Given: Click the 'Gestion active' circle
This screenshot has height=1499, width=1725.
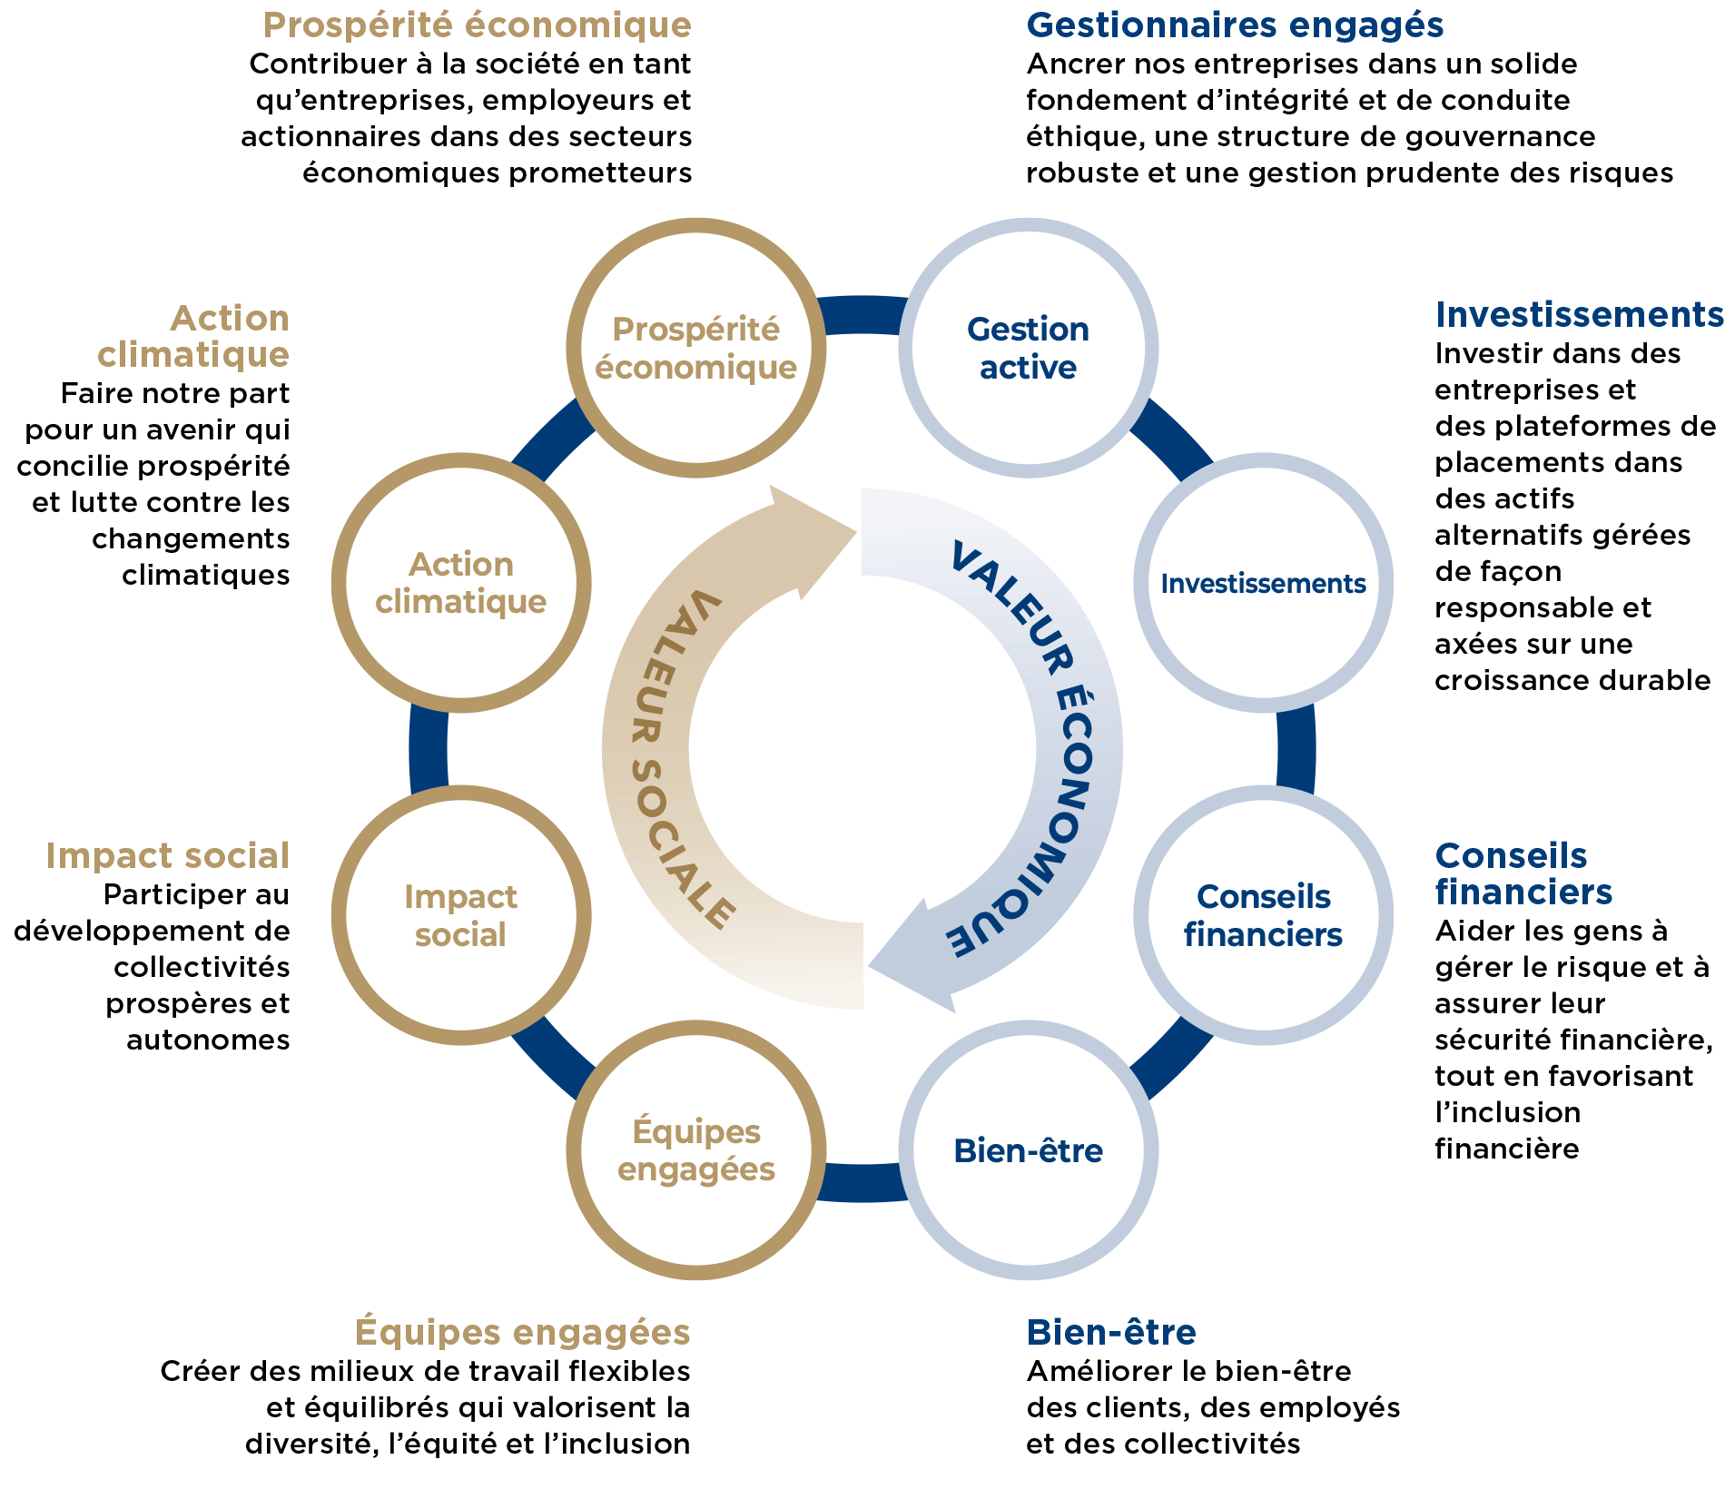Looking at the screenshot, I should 1028,348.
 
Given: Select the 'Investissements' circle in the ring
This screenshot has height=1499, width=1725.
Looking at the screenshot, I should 1263,583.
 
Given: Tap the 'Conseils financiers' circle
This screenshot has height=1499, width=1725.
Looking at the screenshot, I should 1263,915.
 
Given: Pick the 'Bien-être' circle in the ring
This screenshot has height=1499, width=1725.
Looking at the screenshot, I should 1028,1150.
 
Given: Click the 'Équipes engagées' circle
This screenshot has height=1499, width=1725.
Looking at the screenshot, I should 696,1150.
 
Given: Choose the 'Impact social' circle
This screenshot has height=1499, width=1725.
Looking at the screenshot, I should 461,915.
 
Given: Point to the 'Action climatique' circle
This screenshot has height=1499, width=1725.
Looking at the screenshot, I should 461,583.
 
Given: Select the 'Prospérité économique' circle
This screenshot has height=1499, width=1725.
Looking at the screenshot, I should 696,348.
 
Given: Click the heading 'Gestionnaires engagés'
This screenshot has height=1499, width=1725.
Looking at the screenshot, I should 1235,25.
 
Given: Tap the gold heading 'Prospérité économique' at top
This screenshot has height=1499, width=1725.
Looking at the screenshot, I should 478,25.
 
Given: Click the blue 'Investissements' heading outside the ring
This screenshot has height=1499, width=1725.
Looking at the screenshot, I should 1579,314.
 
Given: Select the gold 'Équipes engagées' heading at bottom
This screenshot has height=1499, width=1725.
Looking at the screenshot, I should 523,1332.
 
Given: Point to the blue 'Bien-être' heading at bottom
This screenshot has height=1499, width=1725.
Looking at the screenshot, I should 1111,1332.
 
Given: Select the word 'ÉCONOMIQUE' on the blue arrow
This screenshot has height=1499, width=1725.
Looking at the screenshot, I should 1052,817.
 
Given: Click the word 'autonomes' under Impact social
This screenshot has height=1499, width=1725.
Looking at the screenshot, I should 208,1040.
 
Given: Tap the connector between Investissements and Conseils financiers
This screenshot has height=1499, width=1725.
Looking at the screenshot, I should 1296,749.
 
